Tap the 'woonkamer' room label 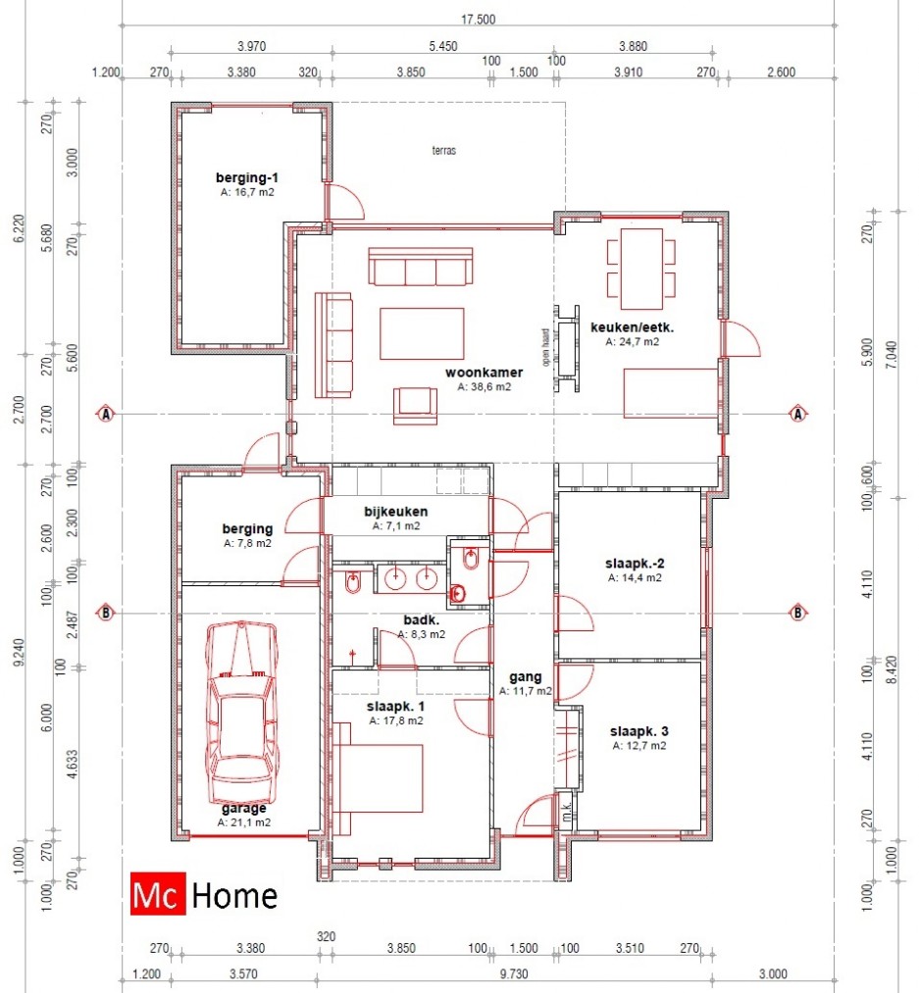point(485,372)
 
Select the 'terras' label point(443,150)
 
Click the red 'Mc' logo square point(158,894)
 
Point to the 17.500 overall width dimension point(478,19)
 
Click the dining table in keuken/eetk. point(641,269)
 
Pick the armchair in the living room point(415,406)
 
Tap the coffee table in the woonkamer point(422,333)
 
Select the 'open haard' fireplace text point(545,347)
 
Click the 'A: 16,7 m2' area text point(247,192)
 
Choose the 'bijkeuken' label point(395,511)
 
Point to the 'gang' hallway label point(526,677)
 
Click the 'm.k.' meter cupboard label point(567,810)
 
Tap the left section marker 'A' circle point(105,415)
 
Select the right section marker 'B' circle point(798,613)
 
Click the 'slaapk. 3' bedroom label point(638,731)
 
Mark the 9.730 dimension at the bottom point(513,974)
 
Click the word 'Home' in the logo point(233,896)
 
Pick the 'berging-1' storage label point(246,178)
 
